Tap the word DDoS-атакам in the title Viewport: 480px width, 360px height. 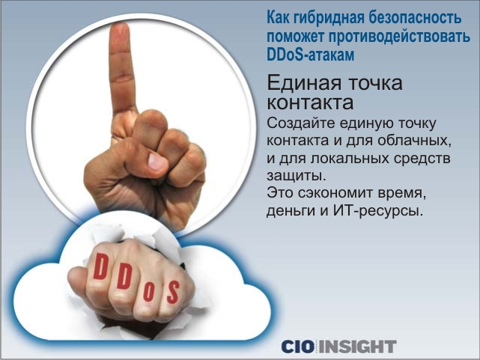[x=311, y=55]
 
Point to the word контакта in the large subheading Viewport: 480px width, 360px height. [x=310, y=103]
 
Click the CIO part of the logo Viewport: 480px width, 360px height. [x=297, y=347]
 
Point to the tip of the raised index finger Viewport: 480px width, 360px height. [x=120, y=25]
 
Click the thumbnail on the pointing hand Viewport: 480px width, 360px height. [x=157, y=161]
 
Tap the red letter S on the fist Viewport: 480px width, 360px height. [x=173, y=293]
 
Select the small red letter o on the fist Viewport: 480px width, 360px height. [x=149, y=292]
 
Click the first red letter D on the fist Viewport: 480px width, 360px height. [x=100, y=266]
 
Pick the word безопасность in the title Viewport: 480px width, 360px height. [x=415, y=18]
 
